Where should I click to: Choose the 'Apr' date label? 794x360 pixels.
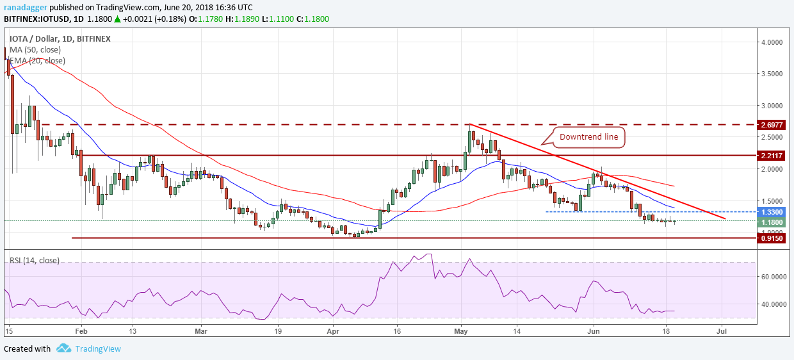point(332,332)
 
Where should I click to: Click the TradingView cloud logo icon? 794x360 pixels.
point(63,348)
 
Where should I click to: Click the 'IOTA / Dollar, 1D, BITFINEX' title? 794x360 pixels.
point(60,38)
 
